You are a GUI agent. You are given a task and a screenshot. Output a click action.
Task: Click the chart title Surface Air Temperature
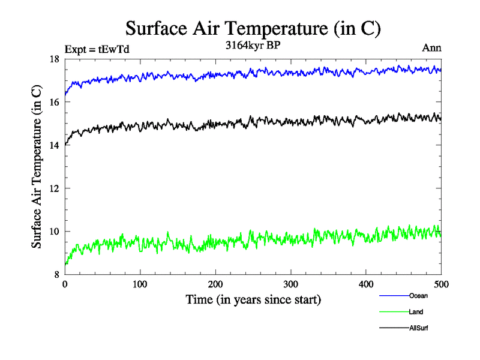(253, 28)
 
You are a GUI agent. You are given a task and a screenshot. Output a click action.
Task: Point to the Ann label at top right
(432, 49)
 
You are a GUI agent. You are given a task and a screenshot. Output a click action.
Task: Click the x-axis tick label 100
(140, 284)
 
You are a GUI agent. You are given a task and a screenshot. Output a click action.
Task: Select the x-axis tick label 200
(215, 284)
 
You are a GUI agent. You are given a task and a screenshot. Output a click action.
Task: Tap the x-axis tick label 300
(290, 284)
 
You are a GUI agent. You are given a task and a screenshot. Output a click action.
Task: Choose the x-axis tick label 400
(366, 284)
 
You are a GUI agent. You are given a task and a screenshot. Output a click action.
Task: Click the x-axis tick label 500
(441, 284)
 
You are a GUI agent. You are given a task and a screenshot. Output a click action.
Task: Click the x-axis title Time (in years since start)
(253, 299)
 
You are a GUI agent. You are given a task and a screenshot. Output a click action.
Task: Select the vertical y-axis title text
(37, 167)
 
